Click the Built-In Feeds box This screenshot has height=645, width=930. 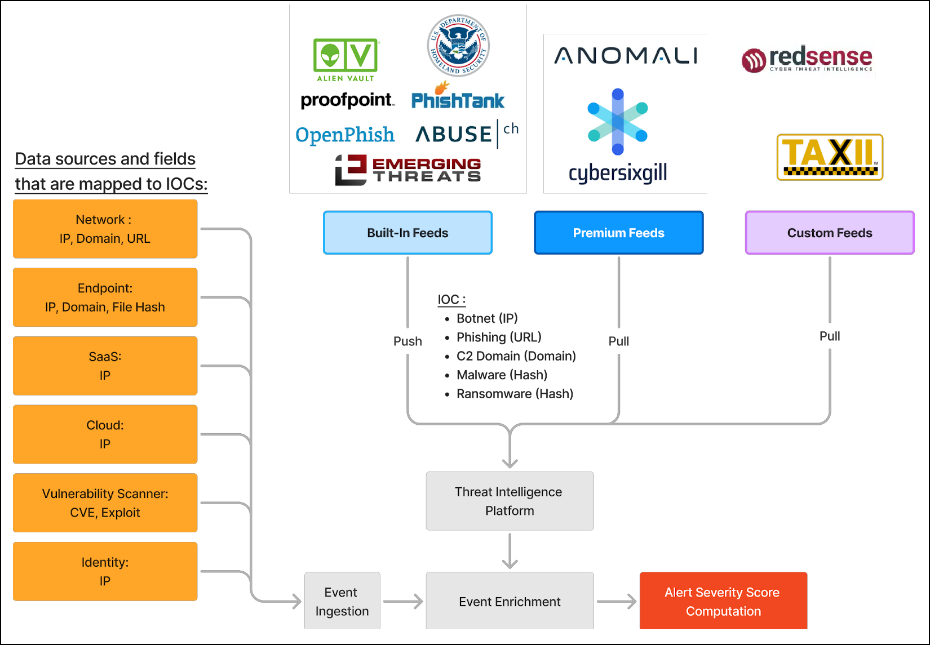pyautogui.click(x=408, y=233)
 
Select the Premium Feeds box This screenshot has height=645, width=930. pyautogui.click(x=618, y=233)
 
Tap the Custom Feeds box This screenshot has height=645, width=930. pyautogui.click(x=829, y=233)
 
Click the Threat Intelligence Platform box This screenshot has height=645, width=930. pyautogui.click(x=510, y=501)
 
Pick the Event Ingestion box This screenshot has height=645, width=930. pyautogui.click(x=342, y=601)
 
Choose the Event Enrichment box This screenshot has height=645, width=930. pyautogui.click(x=510, y=601)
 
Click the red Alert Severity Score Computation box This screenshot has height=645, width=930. pyautogui.click(x=723, y=601)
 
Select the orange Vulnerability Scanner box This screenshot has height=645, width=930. pyautogui.click(x=105, y=502)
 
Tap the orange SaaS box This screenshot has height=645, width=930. pyautogui.click(x=105, y=366)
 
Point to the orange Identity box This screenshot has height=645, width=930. pyautogui.click(x=105, y=571)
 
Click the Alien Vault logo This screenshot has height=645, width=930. pyautogui.click(x=346, y=60)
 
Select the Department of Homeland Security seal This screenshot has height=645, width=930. pyautogui.click(x=458, y=46)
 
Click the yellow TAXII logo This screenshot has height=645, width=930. pyautogui.click(x=830, y=157)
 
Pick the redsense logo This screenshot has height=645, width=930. pyautogui.click(x=807, y=59)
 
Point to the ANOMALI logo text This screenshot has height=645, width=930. pyautogui.click(x=626, y=56)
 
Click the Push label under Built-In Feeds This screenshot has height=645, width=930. pyautogui.click(x=408, y=341)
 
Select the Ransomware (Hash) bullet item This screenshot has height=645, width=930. pyautogui.click(x=514, y=394)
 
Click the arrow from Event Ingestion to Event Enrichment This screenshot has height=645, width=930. pyautogui.click(x=402, y=602)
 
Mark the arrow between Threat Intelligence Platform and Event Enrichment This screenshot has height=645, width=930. pyautogui.click(x=510, y=550)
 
